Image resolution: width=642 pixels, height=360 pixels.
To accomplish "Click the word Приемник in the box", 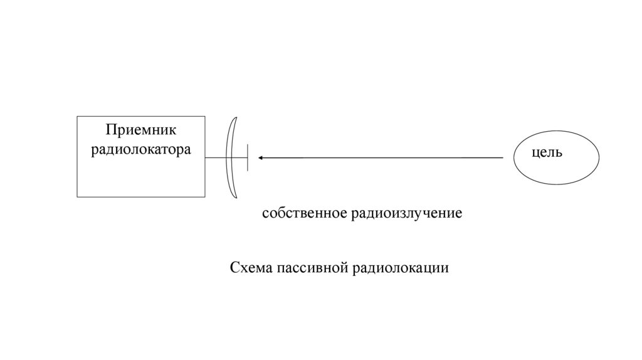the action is click(x=140, y=130).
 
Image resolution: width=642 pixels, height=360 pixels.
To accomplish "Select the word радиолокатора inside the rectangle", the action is click(x=140, y=151).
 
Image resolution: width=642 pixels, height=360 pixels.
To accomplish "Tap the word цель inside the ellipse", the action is click(x=547, y=152).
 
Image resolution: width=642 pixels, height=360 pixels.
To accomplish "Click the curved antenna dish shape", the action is click(x=230, y=157).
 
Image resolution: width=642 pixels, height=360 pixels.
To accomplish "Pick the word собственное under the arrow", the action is click(x=304, y=213).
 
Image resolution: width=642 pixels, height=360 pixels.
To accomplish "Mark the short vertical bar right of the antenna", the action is click(x=248, y=157).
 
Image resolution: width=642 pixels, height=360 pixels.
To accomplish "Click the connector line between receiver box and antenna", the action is click(x=216, y=157).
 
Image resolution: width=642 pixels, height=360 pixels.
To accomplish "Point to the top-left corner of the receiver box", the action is click(x=77, y=117).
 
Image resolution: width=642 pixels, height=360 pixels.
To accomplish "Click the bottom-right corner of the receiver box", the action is click(x=205, y=197).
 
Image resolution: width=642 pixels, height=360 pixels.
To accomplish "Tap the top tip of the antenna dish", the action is click(x=235, y=118).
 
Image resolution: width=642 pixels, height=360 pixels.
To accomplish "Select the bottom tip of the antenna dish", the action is click(x=235, y=199).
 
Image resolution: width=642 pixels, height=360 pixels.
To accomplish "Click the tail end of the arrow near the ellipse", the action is click(x=502, y=157).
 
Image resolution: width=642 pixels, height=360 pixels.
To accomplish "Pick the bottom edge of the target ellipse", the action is click(x=556, y=185).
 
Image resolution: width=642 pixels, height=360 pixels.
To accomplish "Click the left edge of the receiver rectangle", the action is click(x=77, y=157).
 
